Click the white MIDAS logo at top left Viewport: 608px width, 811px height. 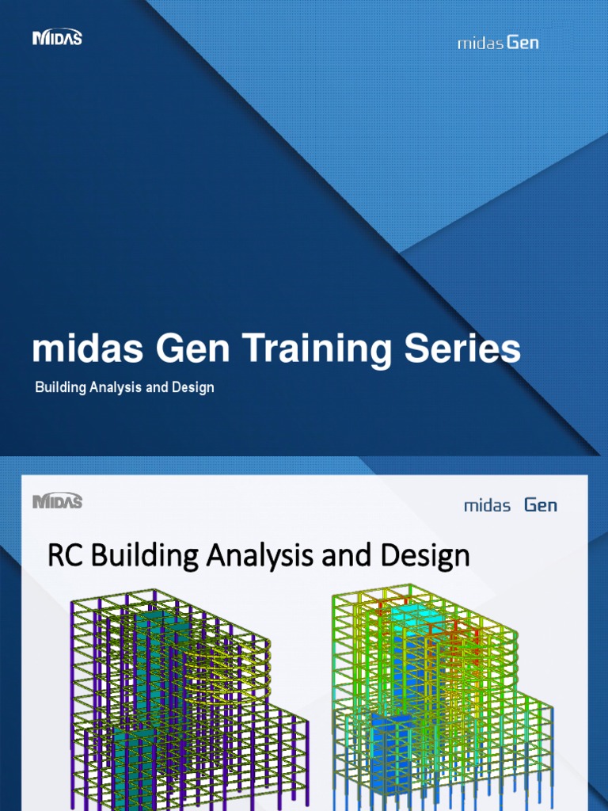(x=57, y=37)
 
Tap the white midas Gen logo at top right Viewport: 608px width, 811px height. (x=498, y=42)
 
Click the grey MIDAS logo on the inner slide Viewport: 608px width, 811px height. (x=57, y=501)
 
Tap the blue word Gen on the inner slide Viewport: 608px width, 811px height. (x=541, y=504)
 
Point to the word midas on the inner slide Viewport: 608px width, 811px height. (x=487, y=505)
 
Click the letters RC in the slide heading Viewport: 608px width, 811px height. (x=66, y=555)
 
